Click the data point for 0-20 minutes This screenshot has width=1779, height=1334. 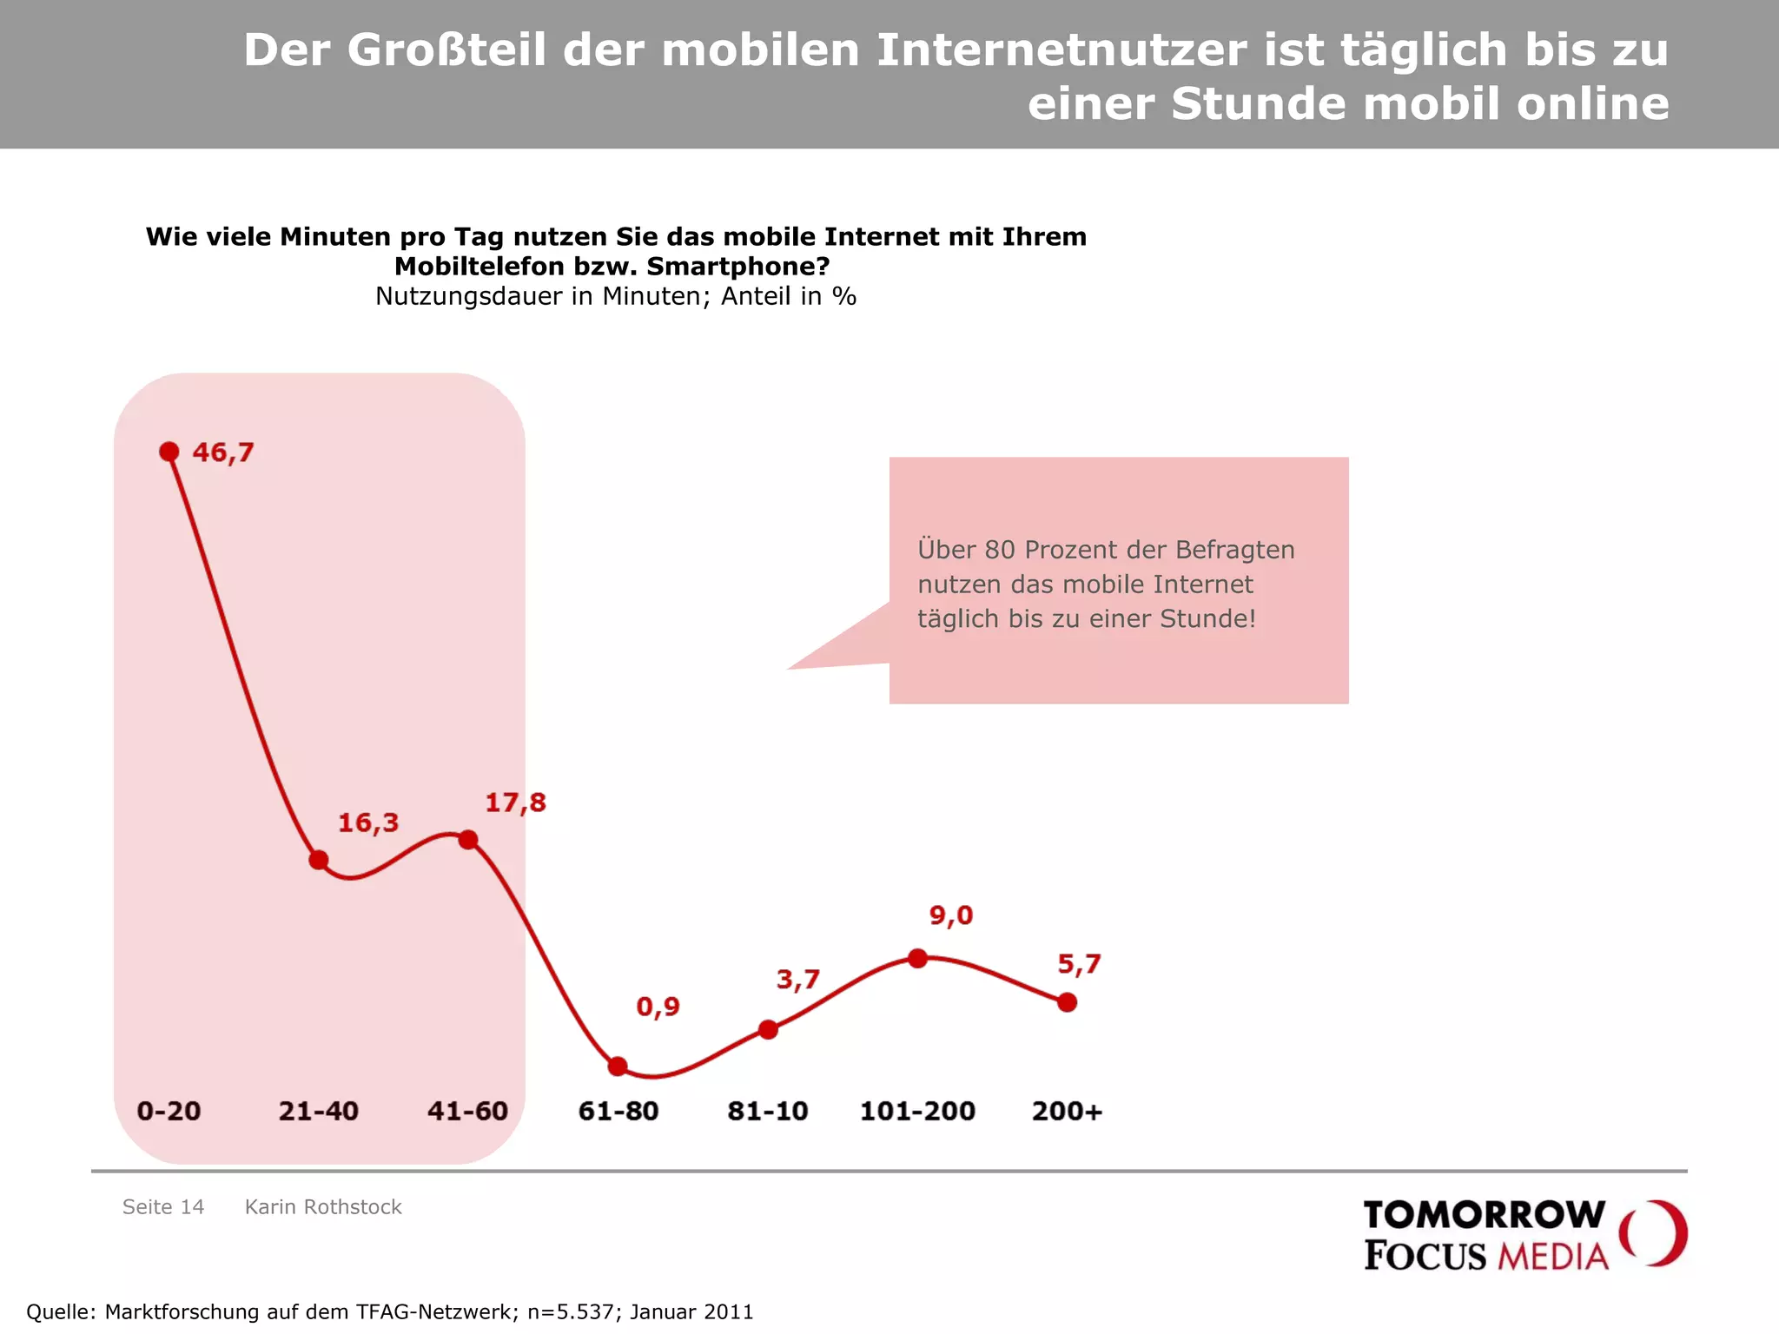[x=169, y=452]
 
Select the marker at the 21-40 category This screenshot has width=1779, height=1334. [x=319, y=860]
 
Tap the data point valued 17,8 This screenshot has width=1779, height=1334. [x=468, y=839]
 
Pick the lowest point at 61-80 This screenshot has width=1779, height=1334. [x=618, y=1067]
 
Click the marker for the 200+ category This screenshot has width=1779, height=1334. [x=1068, y=1002]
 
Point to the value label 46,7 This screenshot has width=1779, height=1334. [x=223, y=452]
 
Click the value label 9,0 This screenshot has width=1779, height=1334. [x=951, y=915]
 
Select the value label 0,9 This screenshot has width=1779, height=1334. [x=658, y=1007]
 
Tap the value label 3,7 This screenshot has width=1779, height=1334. [x=798, y=980]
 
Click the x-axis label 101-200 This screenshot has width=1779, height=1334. [x=917, y=1111]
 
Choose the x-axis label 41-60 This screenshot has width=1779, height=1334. [x=467, y=1111]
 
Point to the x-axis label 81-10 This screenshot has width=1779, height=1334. [x=768, y=1111]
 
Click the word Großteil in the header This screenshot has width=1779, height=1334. [x=446, y=50]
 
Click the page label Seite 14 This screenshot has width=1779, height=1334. [x=163, y=1206]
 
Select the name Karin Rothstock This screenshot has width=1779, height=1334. [x=323, y=1206]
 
